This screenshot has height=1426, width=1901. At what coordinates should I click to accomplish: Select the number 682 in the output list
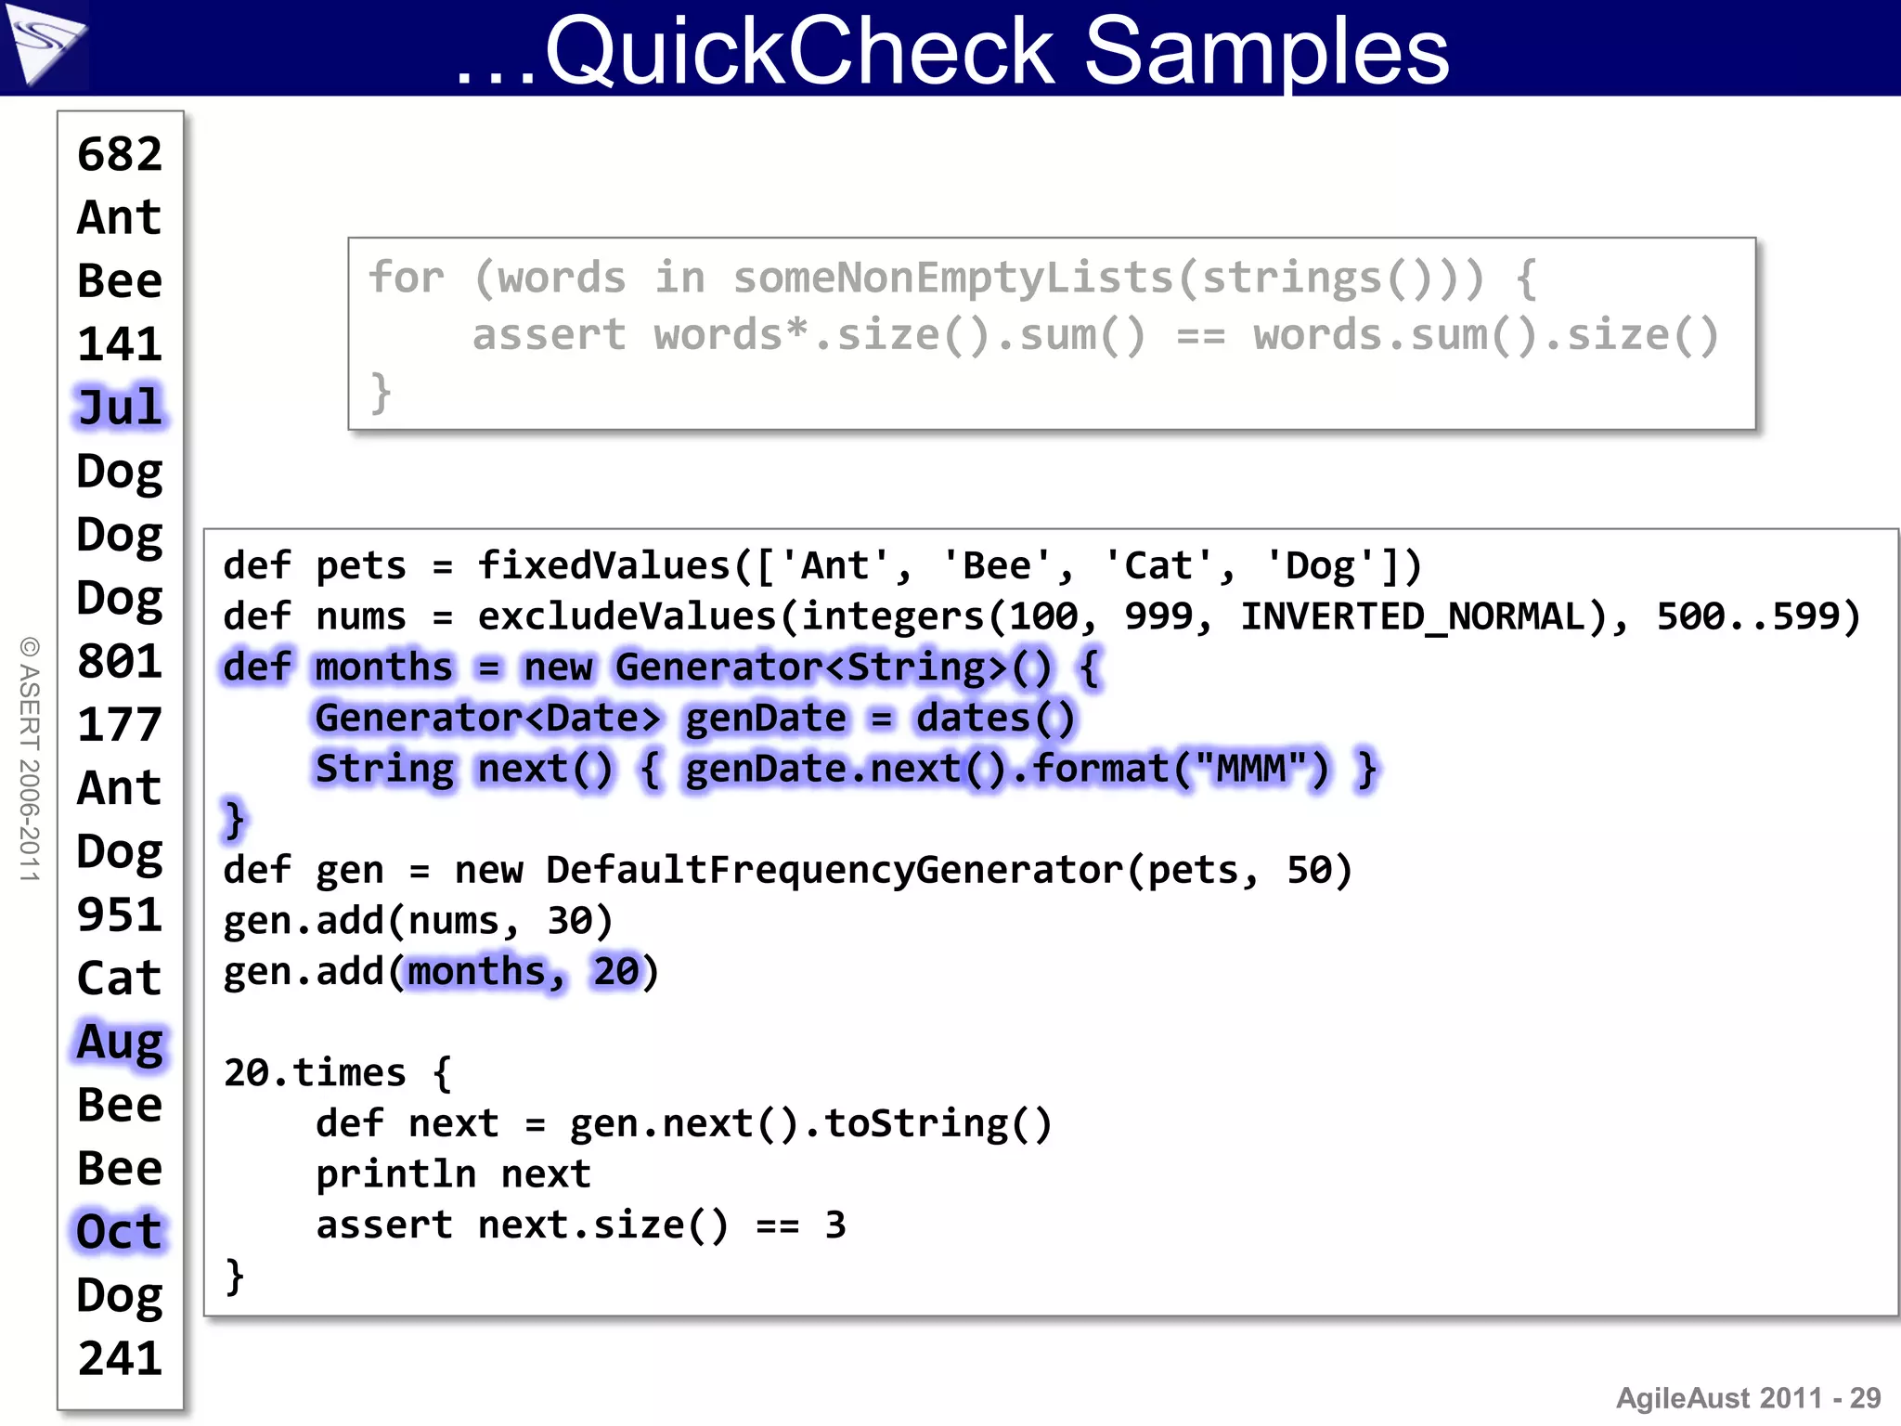coord(120,154)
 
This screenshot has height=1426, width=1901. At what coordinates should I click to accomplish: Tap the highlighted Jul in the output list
coord(120,408)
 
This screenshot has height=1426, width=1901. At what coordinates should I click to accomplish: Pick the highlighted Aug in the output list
coord(120,1042)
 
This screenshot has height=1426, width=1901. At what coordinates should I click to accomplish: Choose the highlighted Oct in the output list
coord(120,1232)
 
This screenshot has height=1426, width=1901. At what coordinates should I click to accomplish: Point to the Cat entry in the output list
coord(120,979)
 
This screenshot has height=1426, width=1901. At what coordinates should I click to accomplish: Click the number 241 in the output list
coord(120,1358)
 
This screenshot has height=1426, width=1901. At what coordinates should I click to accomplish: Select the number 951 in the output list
coord(120,914)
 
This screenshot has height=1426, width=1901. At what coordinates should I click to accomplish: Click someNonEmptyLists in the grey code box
coord(954,278)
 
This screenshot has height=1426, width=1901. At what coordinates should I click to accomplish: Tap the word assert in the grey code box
coord(549,334)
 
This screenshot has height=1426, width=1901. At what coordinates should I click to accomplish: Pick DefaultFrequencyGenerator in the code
coord(834,870)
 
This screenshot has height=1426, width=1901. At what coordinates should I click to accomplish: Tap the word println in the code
coord(395,1174)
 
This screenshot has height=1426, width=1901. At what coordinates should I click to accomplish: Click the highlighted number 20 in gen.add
coord(616,972)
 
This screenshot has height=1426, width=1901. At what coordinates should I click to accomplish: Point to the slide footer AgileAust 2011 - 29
coord(1748,1397)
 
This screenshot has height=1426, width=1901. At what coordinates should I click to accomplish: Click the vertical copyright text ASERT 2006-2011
coord(30,758)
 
